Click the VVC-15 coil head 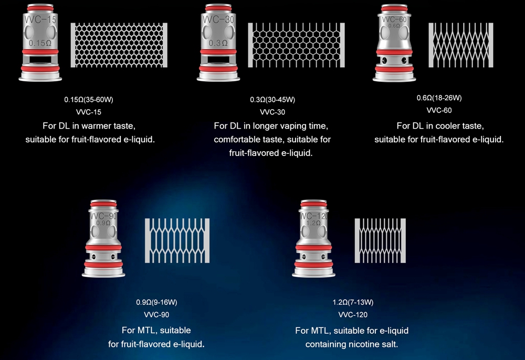click(x=40, y=43)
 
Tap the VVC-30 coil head click(x=218, y=43)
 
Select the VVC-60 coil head click(x=394, y=43)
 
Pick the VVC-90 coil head click(x=103, y=239)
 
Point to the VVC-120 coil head click(x=313, y=239)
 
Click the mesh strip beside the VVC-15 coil click(x=119, y=45)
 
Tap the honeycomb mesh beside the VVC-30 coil click(x=296, y=45)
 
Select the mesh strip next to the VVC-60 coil click(x=461, y=45)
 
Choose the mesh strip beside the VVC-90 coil click(x=177, y=240)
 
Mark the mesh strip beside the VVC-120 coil click(x=380, y=240)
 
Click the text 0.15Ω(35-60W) click(x=89, y=100)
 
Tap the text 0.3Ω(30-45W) click(x=272, y=100)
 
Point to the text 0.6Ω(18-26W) click(x=439, y=98)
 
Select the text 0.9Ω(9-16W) click(x=156, y=302)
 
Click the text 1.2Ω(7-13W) click(x=353, y=302)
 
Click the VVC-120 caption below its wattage click(x=353, y=315)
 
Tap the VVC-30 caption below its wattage click(x=272, y=112)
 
